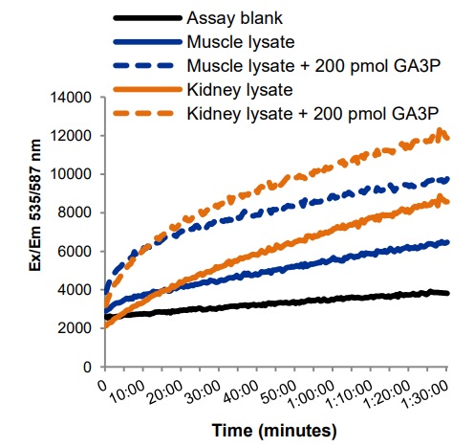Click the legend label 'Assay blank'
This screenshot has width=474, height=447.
[x=234, y=18]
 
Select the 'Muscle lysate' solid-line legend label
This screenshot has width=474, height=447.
[x=241, y=42]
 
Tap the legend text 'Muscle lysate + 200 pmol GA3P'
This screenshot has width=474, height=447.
[x=314, y=66]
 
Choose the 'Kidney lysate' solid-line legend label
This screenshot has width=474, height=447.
[x=240, y=90]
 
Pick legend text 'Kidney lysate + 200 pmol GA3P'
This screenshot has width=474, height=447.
[x=313, y=114]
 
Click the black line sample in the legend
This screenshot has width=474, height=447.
[x=147, y=18]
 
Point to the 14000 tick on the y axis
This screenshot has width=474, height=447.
[x=71, y=98]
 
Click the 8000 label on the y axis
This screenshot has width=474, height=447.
[x=75, y=212]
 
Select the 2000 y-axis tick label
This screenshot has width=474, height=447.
[x=75, y=328]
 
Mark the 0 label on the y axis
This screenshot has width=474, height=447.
[x=88, y=367]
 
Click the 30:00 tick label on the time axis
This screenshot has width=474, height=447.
[x=202, y=392]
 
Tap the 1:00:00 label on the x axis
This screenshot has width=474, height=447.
[x=310, y=395]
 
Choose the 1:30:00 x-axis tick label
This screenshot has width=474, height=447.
[x=424, y=395]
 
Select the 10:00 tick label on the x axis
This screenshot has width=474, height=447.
[x=126, y=392]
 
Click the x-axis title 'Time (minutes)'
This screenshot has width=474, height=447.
[x=274, y=431]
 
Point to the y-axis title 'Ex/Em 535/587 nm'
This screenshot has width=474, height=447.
[x=35, y=205]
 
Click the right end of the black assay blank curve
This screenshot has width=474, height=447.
[x=447, y=293]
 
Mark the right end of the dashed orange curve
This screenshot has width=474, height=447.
[x=447, y=138]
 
